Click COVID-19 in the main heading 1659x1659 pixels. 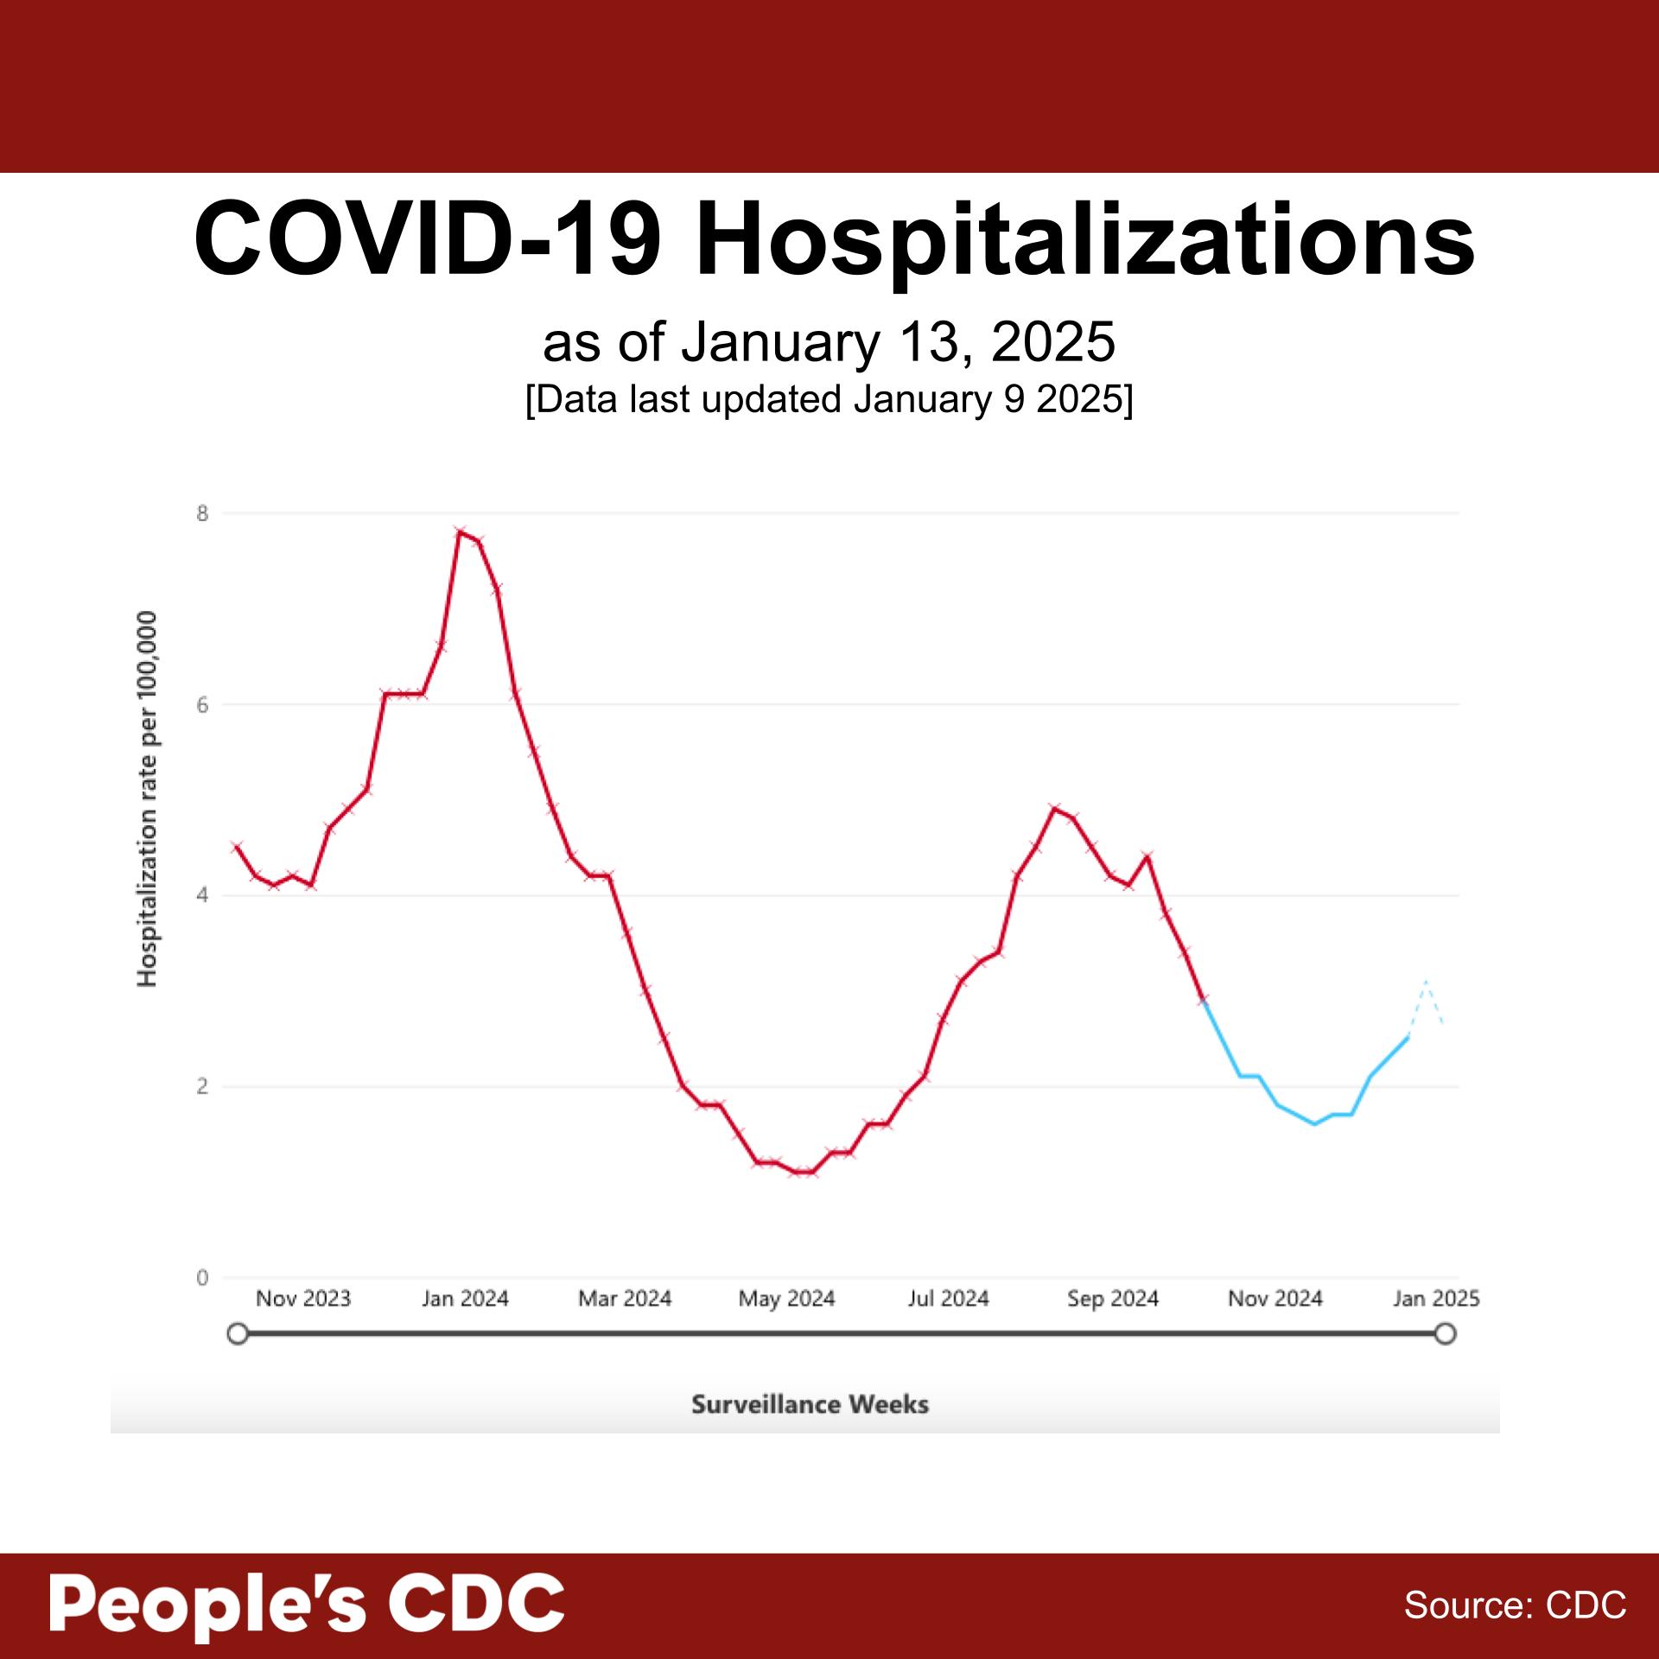[x=428, y=238]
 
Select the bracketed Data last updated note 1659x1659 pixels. [x=829, y=400]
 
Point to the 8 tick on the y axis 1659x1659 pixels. [x=202, y=513]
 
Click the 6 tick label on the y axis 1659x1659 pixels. [x=202, y=704]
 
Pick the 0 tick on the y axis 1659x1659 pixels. [x=202, y=1277]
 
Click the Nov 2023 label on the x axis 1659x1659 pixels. [x=303, y=1299]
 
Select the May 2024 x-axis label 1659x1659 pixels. [x=786, y=1299]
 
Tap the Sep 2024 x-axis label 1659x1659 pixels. [x=1112, y=1299]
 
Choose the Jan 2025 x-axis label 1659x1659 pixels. [x=1436, y=1299]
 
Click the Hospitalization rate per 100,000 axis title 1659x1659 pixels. [x=148, y=798]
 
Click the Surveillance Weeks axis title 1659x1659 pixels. [x=810, y=1404]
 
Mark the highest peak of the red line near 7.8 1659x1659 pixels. [x=461, y=531]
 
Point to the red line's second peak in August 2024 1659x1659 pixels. [x=1054, y=808]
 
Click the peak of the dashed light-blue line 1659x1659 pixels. [x=1426, y=982]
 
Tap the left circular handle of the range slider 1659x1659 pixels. [x=238, y=1334]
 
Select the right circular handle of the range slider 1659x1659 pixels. [x=1445, y=1334]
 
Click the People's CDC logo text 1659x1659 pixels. [x=307, y=1604]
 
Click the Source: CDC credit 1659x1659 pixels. [x=1515, y=1605]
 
